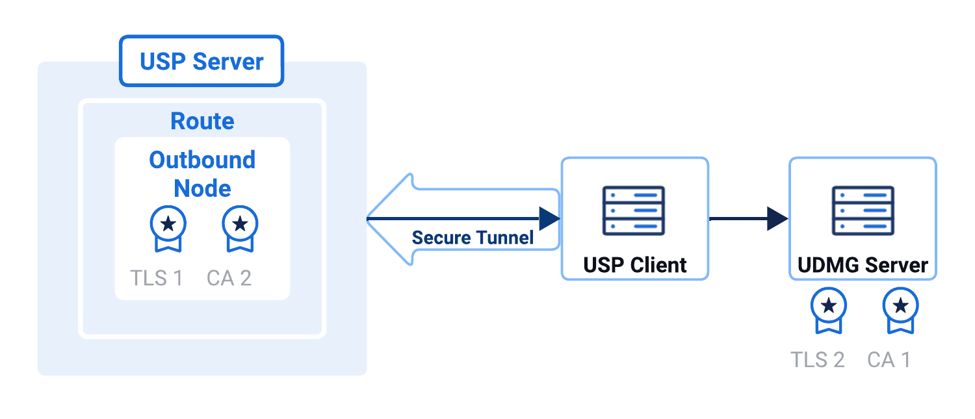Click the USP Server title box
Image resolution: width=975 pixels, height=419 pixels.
tap(201, 62)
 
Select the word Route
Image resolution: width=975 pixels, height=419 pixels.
tap(202, 121)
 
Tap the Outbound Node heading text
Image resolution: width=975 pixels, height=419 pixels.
tap(202, 173)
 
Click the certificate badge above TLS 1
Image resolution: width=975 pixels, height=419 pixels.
tap(168, 227)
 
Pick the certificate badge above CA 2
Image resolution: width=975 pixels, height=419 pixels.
tap(240, 227)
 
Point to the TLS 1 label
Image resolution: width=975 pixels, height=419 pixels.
tap(157, 278)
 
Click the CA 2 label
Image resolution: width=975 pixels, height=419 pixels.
tap(229, 278)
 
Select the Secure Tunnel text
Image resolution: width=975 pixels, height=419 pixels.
tap(473, 238)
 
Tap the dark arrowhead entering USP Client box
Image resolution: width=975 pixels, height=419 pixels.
tap(549, 219)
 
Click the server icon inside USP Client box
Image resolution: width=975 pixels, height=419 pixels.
tap(634, 210)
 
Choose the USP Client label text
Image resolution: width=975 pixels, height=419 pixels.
tap(634, 265)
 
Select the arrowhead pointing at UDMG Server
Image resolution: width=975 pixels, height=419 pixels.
tap(777, 219)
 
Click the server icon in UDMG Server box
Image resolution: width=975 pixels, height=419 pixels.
tap(863, 210)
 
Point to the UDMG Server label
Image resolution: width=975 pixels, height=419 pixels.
tap(863, 265)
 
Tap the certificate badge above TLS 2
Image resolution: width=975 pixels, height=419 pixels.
tap(829, 309)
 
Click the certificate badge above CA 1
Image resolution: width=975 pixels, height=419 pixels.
tap(900, 309)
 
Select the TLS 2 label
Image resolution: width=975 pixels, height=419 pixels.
tap(818, 359)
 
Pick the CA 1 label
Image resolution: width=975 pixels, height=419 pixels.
tap(889, 359)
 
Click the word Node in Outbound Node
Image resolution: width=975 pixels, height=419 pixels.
tap(202, 188)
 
